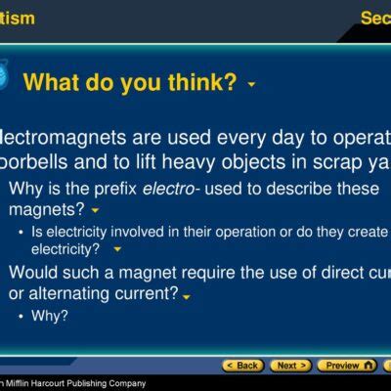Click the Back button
244,366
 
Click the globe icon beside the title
4,79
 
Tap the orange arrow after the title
251,85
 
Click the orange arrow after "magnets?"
95,210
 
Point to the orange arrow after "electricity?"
117,249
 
